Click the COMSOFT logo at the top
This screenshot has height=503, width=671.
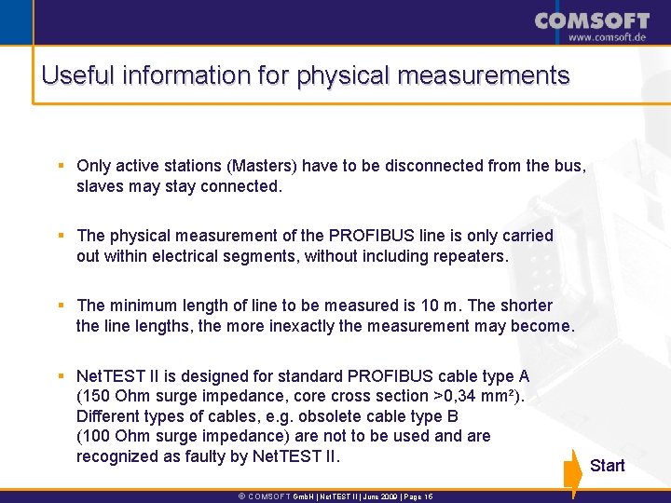tap(592, 20)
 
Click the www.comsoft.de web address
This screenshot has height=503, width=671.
tap(607, 37)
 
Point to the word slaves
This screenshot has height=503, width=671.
tap(100, 186)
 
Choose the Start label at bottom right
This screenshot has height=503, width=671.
tap(608, 465)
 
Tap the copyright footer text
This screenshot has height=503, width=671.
tap(335, 496)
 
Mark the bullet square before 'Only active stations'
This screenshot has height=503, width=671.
tap(60, 166)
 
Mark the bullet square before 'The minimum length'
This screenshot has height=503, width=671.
tap(60, 306)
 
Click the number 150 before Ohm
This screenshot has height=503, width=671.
tap(97, 396)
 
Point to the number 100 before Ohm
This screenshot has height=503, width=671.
tap(97, 436)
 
